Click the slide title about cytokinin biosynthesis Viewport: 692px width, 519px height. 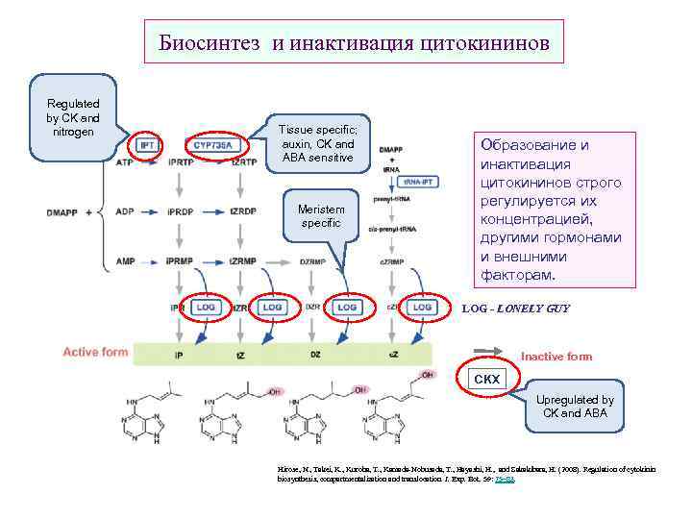(x=354, y=43)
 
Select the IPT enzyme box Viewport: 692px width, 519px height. (x=147, y=145)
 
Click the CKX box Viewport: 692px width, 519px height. (x=487, y=380)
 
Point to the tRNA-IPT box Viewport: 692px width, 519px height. (x=421, y=181)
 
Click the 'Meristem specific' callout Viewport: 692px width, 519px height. (x=328, y=216)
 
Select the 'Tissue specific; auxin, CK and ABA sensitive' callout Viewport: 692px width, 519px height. (x=317, y=142)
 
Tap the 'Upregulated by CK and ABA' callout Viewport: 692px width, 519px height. (x=575, y=407)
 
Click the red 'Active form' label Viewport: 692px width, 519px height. (x=95, y=352)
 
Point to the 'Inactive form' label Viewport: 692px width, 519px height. (x=556, y=357)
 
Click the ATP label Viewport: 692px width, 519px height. (x=125, y=163)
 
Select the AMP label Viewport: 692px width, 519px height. (x=125, y=260)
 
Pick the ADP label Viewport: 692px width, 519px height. (x=125, y=211)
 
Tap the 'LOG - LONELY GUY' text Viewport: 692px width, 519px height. (x=516, y=309)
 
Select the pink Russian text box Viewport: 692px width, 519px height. (x=557, y=210)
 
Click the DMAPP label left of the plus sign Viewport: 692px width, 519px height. (x=62, y=211)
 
